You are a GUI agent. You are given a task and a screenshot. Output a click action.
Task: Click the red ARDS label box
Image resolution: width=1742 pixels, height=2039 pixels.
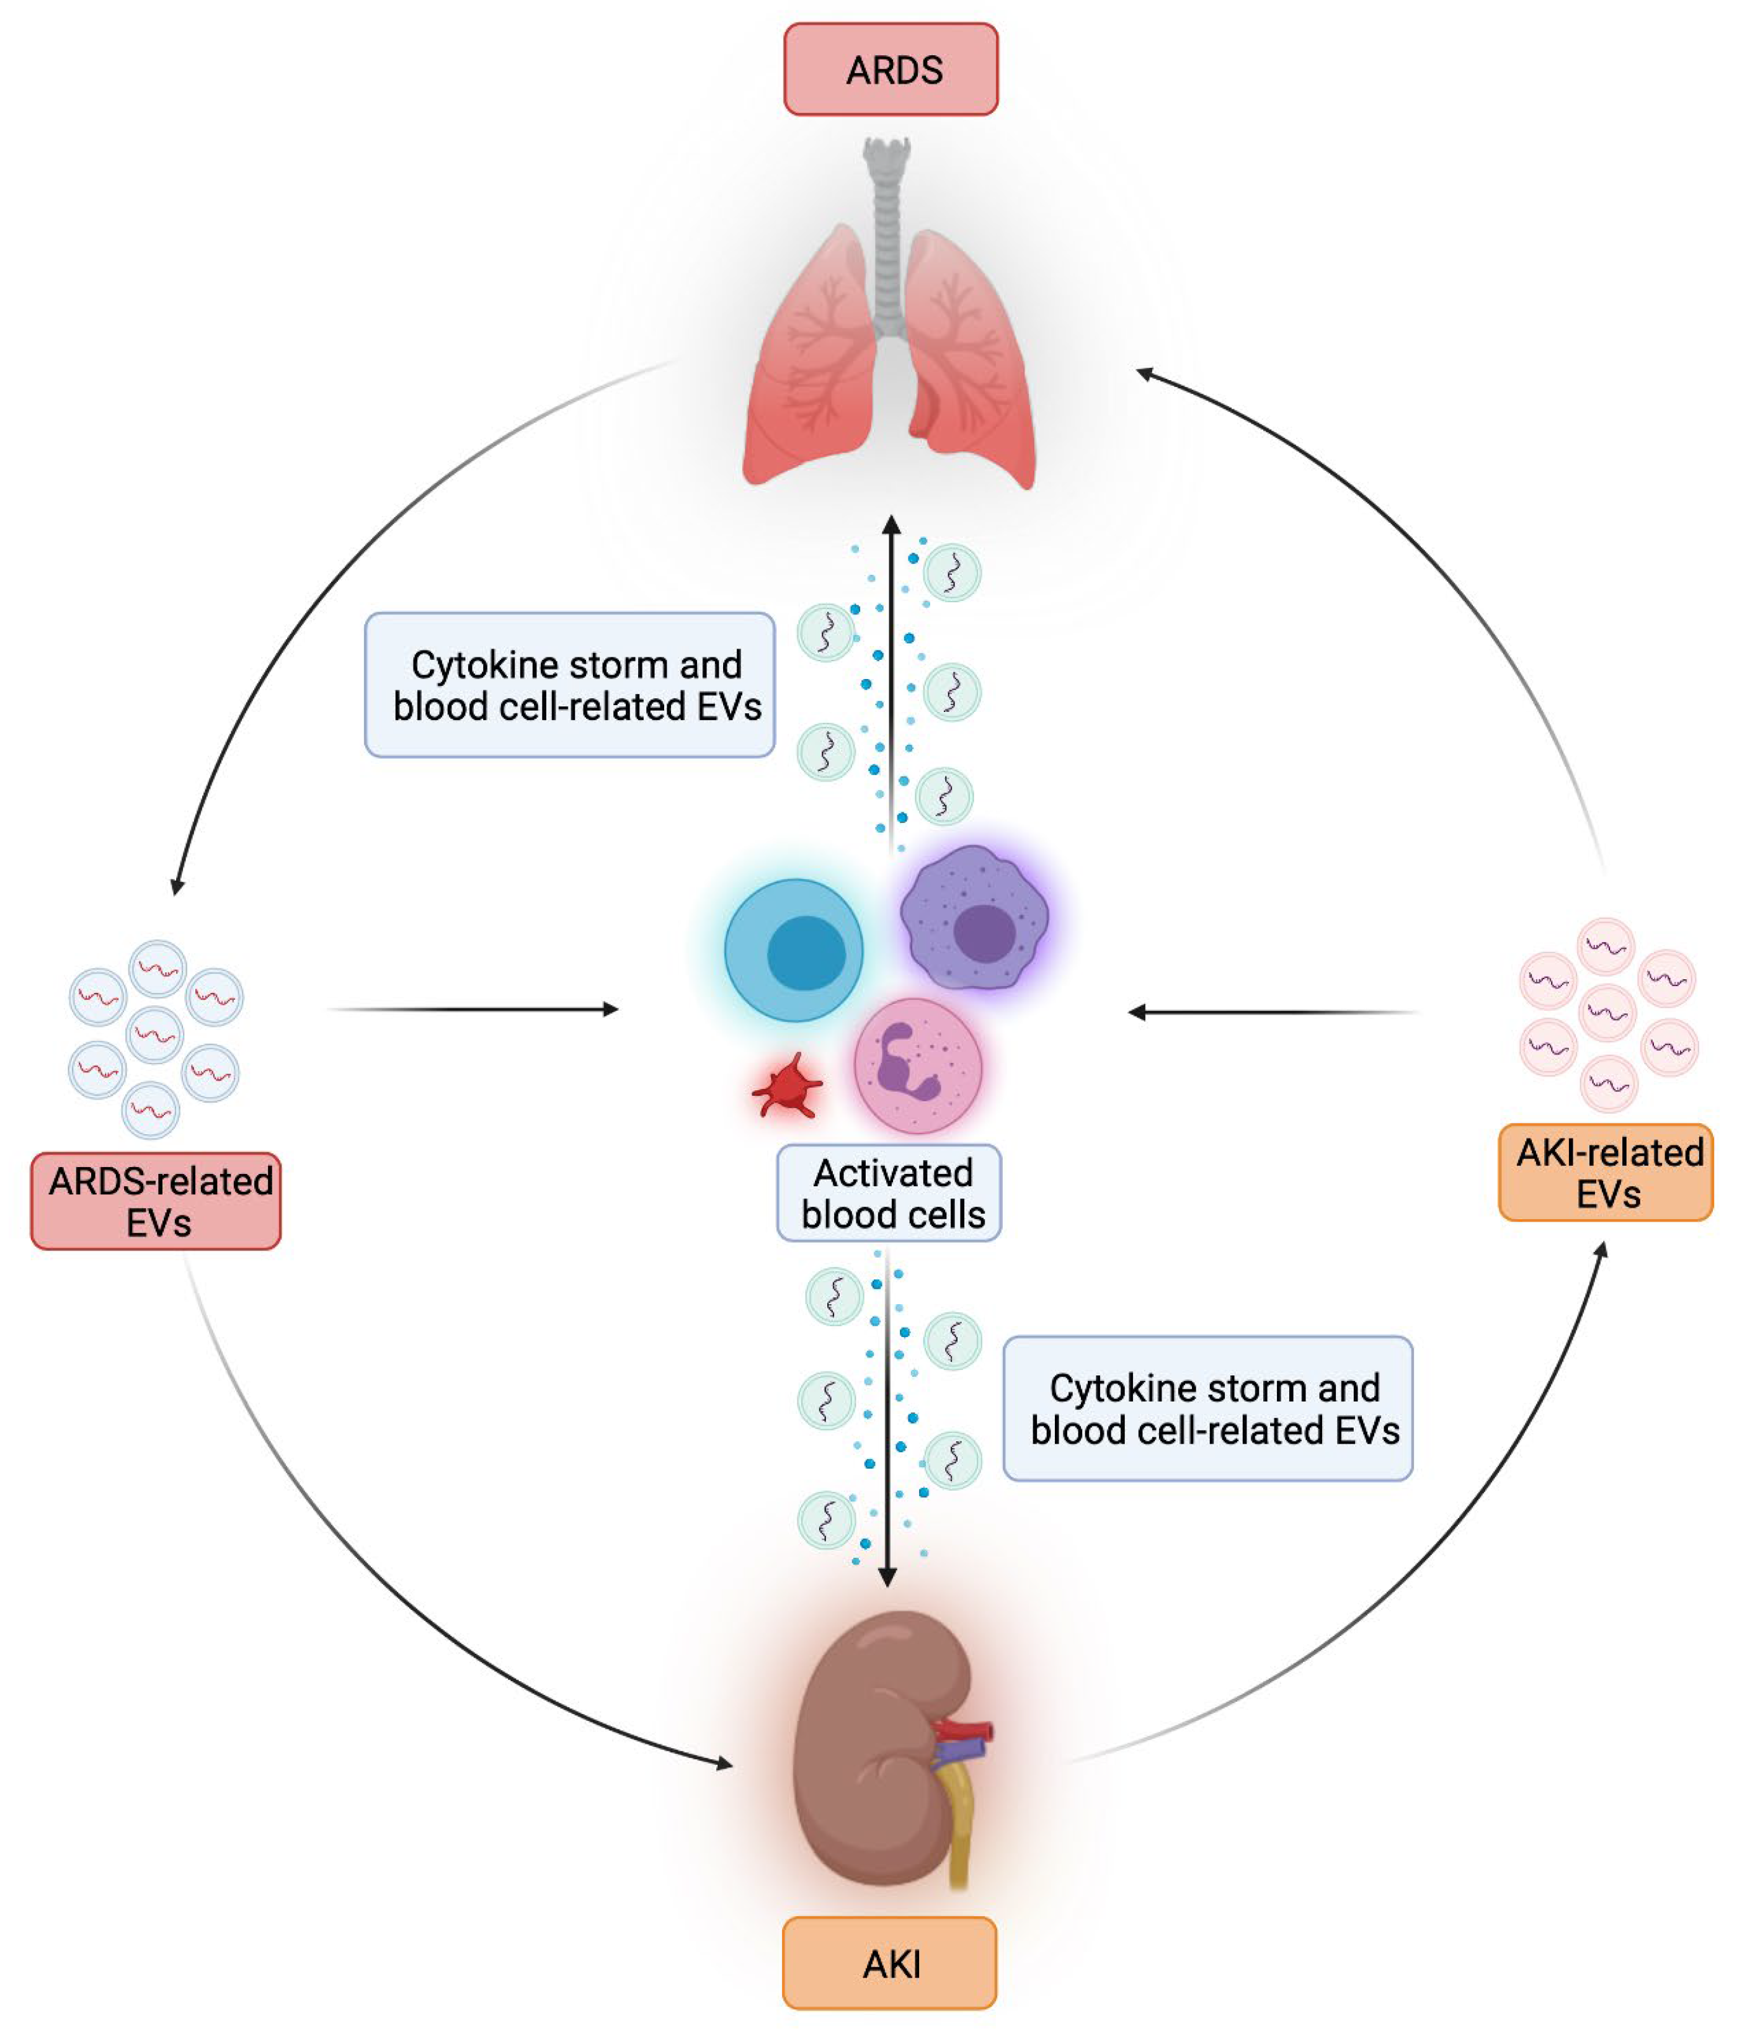click(891, 70)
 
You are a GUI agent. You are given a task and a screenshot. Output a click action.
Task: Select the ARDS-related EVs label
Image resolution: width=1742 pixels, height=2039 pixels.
click(156, 1201)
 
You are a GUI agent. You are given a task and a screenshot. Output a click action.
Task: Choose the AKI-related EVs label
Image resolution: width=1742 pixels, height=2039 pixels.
click(1605, 1172)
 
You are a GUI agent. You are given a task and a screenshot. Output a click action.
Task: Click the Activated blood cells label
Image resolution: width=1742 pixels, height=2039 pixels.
click(890, 1193)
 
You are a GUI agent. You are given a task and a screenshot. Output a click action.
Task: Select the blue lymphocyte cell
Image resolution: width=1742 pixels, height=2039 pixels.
click(794, 951)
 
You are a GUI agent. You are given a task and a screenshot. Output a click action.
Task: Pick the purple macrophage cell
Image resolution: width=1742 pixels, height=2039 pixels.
click(974, 917)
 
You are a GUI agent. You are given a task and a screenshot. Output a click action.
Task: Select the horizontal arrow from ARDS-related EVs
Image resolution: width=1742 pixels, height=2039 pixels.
click(473, 1009)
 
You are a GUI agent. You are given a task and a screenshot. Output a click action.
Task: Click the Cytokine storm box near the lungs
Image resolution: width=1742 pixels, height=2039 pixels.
click(570, 685)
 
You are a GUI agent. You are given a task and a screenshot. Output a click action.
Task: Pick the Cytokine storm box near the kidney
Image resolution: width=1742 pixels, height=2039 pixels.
click(1207, 1408)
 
